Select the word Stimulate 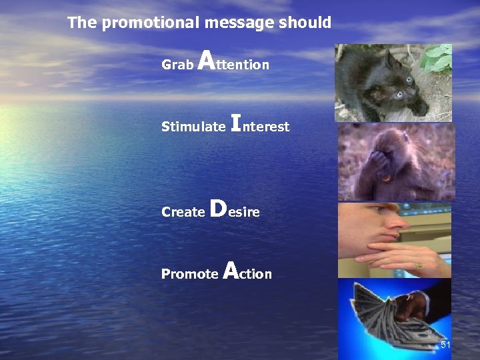193,127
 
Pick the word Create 183,212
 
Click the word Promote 189,274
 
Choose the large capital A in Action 230,270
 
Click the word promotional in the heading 151,23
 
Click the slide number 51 445,345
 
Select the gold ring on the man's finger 418,265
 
